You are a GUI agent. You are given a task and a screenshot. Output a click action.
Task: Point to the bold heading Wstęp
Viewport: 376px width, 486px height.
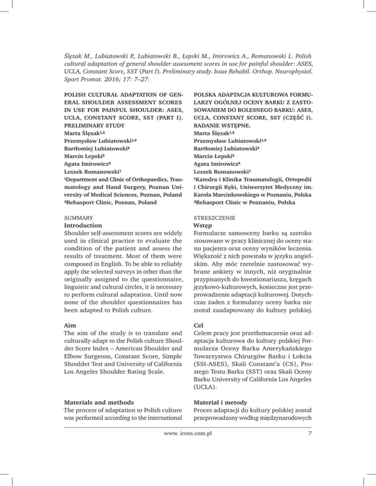(x=205, y=225)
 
